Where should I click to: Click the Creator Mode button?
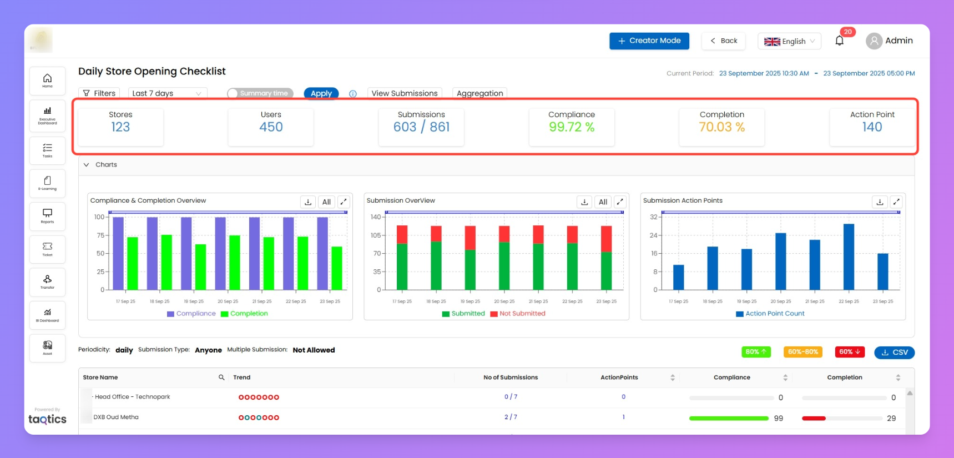[649, 41]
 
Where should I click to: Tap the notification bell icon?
[839, 41]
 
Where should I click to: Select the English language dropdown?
[789, 41]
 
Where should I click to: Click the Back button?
[723, 41]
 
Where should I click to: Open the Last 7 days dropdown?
[167, 93]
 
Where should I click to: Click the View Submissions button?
[404, 93]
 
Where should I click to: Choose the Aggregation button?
[479, 93]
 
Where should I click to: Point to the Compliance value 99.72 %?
[571, 127]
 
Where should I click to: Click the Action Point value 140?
[872, 127]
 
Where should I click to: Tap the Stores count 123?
[120, 127]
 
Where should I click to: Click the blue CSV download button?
[894, 353]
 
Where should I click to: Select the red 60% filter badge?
[849, 352]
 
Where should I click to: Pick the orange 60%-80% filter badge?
[802, 352]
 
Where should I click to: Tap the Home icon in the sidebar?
[48, 80]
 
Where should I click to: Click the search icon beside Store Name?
[221, 378]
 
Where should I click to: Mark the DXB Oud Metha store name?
[116, 417]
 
